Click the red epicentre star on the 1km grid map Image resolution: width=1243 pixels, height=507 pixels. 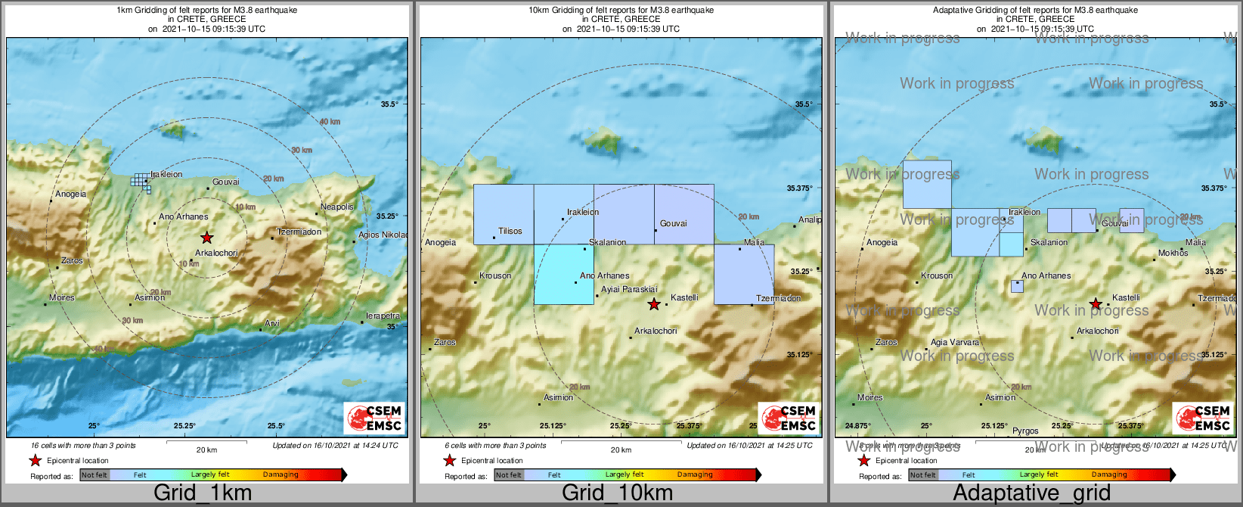206,238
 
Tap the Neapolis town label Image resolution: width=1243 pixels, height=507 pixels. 337,207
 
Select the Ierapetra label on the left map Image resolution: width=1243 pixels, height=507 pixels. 383,316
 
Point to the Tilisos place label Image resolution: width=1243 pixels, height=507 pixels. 510,231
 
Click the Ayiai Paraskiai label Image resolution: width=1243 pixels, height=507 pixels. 629,289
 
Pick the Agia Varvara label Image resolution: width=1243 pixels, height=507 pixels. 954,342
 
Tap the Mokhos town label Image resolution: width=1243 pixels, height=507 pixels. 1173,253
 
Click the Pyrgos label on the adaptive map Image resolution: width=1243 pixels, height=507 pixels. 1025,431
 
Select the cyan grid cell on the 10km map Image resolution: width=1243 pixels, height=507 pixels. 563,274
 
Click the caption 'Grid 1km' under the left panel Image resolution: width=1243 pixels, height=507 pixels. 203,493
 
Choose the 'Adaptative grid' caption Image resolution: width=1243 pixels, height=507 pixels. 1031,493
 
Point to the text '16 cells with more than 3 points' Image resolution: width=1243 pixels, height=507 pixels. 83,446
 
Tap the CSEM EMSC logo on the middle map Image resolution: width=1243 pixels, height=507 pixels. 789,418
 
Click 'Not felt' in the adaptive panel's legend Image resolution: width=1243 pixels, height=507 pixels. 922,475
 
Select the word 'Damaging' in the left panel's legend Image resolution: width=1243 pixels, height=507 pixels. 281,474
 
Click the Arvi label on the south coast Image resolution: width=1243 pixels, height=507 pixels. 272,323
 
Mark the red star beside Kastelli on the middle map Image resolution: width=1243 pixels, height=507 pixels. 654,304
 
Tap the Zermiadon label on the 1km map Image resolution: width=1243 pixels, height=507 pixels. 299,232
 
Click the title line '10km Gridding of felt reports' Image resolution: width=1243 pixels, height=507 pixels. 621,11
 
